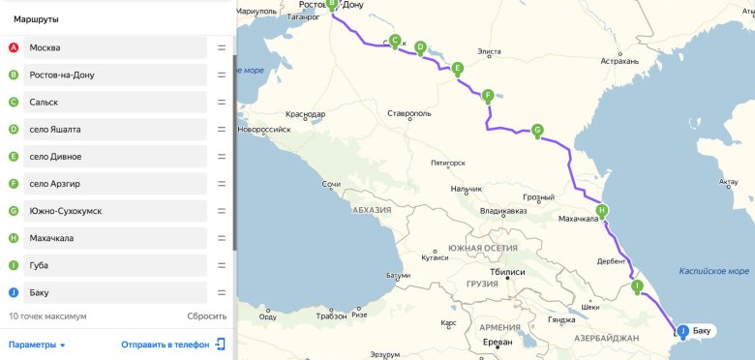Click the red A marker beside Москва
(x=13, y=47)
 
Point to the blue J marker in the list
(x=13, y=291)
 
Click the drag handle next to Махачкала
(x=222, y=237)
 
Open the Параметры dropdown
(x=37, y=345)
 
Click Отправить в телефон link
(x=166, y=345)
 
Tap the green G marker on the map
(x=537, y=130)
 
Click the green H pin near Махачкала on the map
(x=602, y=210)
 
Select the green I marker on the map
(x=636, y=285)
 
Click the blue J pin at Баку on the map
(x=683, y=331)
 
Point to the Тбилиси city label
(x=507, y=272)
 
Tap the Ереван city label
(x=499, y=343)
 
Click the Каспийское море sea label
(x=714, y=271)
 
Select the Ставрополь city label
(x=408, y=113)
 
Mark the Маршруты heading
(x=37, y=17)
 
